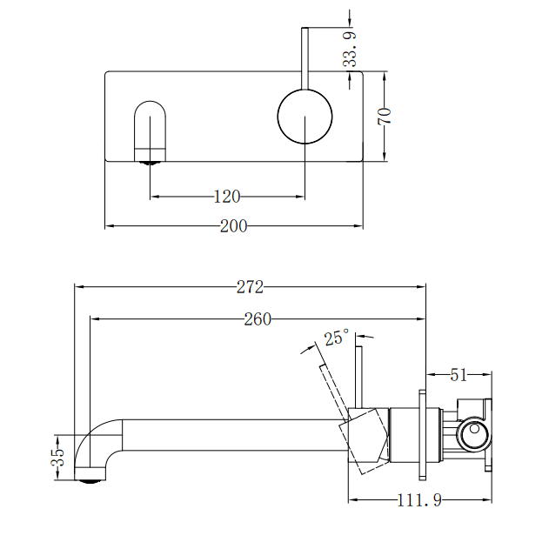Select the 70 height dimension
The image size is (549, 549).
point(385,117)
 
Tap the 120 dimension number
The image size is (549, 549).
point(228,197)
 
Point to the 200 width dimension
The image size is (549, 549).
point(233,226)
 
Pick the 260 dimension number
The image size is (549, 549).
point(258,319)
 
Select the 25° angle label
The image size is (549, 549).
point(336,338)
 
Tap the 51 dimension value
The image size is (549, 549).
point(459,375)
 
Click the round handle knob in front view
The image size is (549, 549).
point(305,116)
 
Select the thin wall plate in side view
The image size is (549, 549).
point(423,432)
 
